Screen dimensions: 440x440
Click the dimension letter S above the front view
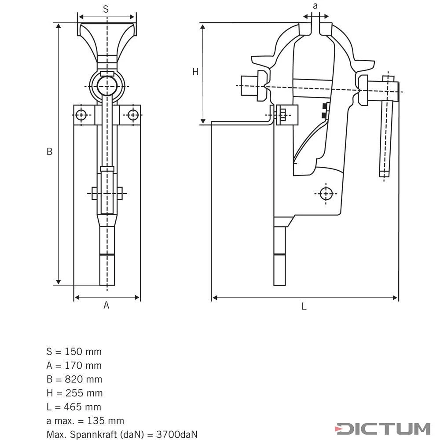(x=106, y=9)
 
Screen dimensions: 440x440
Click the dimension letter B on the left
(x=50, y=151)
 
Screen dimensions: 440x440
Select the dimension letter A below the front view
(x=106, y=305)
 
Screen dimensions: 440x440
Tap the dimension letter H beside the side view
(x=195, y=72)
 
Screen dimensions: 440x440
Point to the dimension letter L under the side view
(x=304, y=307)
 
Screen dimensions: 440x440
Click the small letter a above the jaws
(x=315, y=6)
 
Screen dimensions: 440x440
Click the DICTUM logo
(x=382, y=429)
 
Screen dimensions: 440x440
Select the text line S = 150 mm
(x=74, y=352)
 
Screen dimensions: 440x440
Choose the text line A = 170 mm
(x=74, y=365)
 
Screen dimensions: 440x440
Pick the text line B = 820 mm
(x=74, y=379)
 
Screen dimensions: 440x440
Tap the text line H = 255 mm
(x=74, y=393)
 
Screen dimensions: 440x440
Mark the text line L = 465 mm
(x=73, y=407)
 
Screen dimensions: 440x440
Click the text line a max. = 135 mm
(x=85, y=421)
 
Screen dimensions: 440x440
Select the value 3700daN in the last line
(x=176, y=435)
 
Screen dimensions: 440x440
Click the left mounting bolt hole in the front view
(x=81, y=115)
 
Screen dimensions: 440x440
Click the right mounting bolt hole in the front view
(x=133, y=115)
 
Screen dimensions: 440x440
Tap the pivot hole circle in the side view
(x=325, y=193)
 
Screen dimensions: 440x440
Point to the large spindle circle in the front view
(x=107, y=85)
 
